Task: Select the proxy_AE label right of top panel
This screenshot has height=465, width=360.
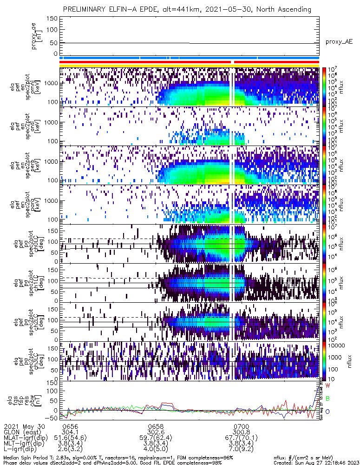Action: click(339, 42)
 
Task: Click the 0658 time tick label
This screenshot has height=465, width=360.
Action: click(156, 426)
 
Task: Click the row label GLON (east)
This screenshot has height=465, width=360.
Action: click(22, 432)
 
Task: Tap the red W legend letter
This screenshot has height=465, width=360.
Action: click(327, 386)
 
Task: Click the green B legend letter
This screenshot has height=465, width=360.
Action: click(327, 399)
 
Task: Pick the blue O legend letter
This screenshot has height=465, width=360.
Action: click(327, 412)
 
